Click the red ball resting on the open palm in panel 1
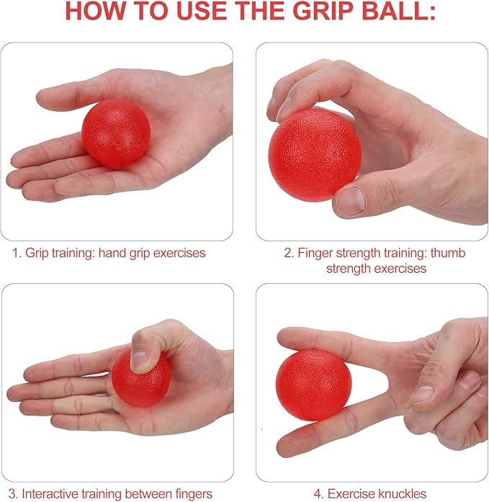pyautogui.click(x=116, y=133)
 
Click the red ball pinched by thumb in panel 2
pyautogui.click(x=315, y=156)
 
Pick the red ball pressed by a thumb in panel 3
pyautogui.click(x=141, y=378)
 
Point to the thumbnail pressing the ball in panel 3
pyautogui.click(x=140, y=361)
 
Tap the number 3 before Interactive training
pyautogui.click(x=13, y=493)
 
